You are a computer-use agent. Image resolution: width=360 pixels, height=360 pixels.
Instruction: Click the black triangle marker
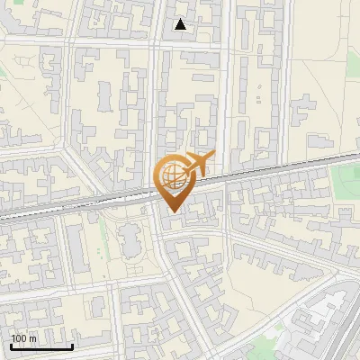point(181,24)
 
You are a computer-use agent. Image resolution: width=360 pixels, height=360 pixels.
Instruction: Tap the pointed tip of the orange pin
point(171,211)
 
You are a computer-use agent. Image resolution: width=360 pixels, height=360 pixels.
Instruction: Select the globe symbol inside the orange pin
point(171,175)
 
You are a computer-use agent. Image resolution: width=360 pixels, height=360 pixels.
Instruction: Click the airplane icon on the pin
point(196,165)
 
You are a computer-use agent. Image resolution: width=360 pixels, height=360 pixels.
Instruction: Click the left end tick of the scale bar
point(11,345)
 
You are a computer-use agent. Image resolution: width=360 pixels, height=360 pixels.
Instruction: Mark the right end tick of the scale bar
point(72,345)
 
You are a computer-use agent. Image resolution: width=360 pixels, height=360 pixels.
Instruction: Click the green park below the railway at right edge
point(346,184)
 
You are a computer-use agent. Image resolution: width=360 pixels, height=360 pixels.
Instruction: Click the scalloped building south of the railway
point(130,241)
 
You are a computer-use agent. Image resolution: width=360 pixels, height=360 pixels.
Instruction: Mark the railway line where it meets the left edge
point(3,215)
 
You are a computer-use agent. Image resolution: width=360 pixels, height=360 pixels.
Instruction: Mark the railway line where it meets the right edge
point(356,157)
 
